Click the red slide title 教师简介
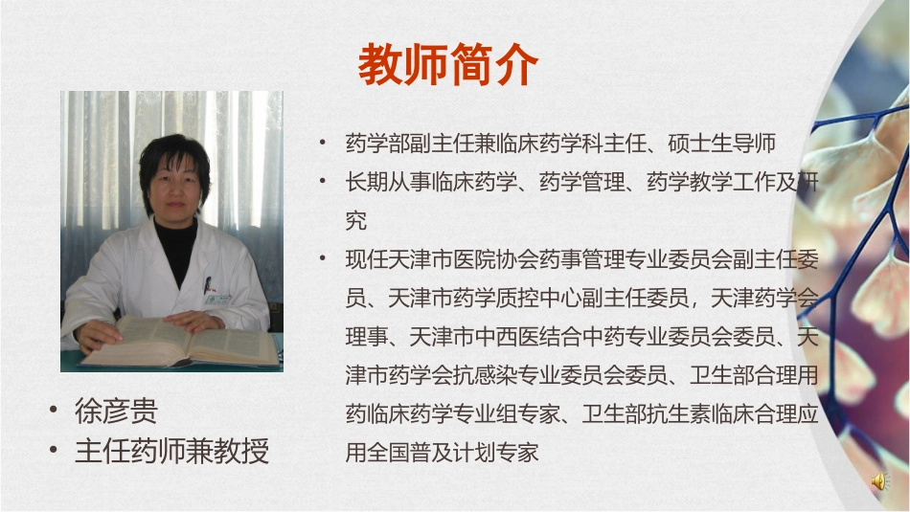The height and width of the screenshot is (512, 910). pyautogui.click(x=448, y=65)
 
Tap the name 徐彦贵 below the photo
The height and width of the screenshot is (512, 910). pyautogui.click(x=116, y=412)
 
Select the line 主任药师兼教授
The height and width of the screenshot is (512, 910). pyautogui.click(x=171, y=451)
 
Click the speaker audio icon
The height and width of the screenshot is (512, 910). pyautogui.click(x=878, y=482)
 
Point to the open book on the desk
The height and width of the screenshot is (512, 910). pyautogui.click(x=182, y=345)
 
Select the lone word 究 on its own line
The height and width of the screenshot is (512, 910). pyautogui.click(x=355, y=221)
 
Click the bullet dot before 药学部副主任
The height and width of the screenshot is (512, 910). pyautogui.click(x=324, y=144)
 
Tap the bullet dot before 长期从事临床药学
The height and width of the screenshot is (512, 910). pyautogui.click(x=324, y=181)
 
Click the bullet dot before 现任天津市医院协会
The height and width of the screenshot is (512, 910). pyautogui.click(x=324, y=259)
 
